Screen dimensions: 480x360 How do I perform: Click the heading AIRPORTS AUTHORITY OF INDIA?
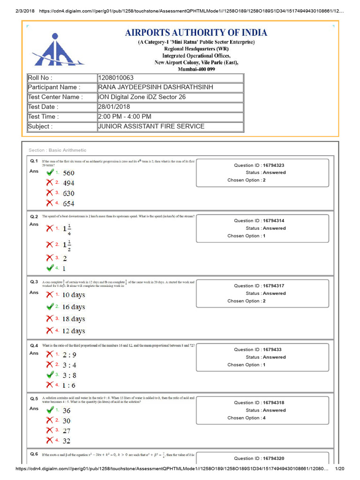196,32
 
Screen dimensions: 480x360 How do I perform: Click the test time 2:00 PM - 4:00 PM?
125,117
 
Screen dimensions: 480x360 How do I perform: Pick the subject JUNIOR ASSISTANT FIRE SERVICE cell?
151,126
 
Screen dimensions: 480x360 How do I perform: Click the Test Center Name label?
55,97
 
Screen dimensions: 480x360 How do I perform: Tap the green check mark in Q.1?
50,172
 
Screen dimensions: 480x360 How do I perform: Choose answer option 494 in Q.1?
68,183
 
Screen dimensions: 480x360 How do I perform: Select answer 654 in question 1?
68,203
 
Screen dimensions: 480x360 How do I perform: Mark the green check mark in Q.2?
50,268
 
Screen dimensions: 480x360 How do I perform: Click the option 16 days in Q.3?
74,307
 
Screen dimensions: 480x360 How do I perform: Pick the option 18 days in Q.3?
74,319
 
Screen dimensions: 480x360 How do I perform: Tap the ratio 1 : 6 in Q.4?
69,385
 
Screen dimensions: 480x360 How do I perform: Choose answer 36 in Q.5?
67,411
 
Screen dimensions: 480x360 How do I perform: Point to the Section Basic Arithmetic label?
57,150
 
